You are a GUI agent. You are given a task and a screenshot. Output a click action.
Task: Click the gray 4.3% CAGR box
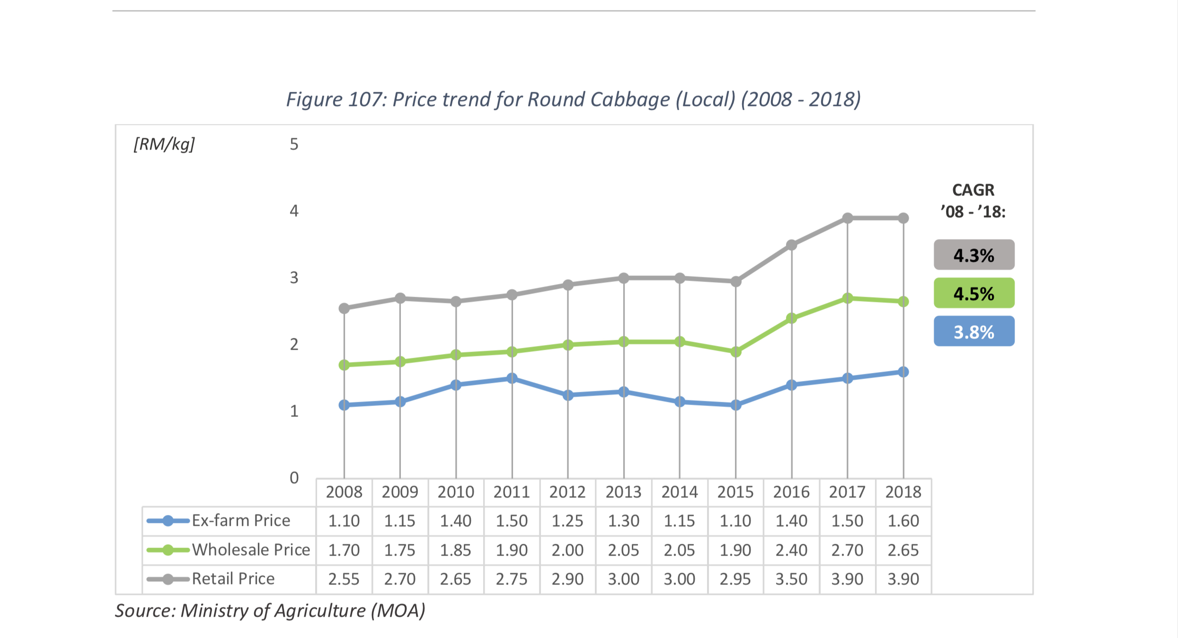(x=974, y=255)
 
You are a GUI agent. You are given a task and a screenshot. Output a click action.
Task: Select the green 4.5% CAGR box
(x=974, y=293)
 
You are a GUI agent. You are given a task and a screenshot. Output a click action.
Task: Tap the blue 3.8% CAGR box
(x=974, y=331)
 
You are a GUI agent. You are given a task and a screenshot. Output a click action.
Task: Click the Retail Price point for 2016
(x=791, y=245)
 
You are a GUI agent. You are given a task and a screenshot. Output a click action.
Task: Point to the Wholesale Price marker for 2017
(x=847, y=298)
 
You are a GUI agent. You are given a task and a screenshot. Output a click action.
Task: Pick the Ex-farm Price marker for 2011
(x=512, y=378)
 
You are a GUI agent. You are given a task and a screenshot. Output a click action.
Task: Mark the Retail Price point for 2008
(x=344, y=308)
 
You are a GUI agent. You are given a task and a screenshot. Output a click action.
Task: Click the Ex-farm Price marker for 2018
(x=903, y=372)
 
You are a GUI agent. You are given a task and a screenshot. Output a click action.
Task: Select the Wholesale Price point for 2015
(x=735, y=352)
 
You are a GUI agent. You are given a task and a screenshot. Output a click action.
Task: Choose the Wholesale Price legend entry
(x=229, y=550)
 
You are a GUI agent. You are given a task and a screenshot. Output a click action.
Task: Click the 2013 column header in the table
(x=623, y=492)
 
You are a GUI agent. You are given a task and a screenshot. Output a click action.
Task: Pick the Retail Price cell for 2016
(x=791, y=579)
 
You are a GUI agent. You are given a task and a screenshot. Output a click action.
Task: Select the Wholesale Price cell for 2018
(x=903, y=550)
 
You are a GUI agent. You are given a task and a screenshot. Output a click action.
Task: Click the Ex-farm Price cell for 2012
(x=567, y=521)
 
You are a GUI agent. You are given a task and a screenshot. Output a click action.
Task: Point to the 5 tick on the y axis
(x=294, y=144)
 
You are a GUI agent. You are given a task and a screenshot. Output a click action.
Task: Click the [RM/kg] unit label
(x=164, y=144)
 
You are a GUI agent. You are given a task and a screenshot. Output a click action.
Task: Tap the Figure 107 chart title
(x=573, y=99)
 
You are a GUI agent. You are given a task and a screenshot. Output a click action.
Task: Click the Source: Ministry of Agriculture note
(x=270, y=611)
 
